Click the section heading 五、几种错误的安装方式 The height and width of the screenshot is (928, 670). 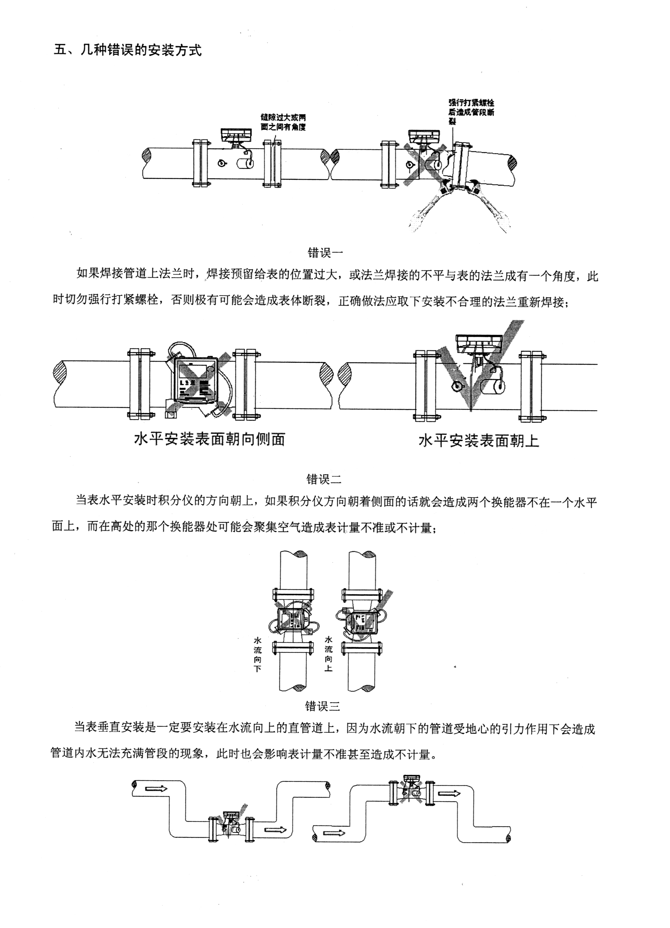[128, 51]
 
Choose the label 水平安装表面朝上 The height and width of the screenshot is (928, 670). [479, 440]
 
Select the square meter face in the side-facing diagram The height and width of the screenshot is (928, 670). [194, 380]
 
